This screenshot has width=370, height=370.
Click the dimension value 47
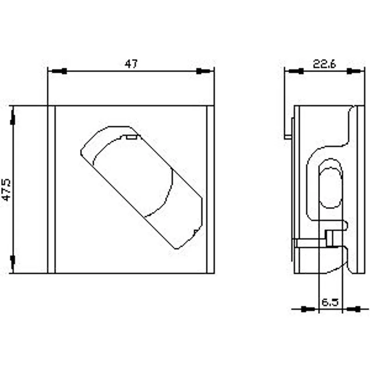(131, 64)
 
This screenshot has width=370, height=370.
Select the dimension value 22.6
(324, 64)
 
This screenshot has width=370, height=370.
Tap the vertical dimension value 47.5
(6, 190)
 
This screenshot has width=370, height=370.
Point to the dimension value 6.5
(330, 302)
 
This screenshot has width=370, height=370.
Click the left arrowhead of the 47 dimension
(59, 71)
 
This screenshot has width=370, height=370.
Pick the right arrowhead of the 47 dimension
(203, 71)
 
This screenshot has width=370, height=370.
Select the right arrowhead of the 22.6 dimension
(354, 71)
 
